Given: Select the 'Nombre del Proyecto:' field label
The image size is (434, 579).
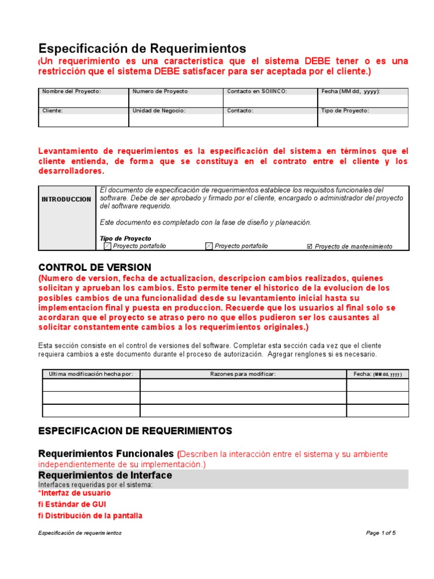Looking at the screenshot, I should tap(71, 92).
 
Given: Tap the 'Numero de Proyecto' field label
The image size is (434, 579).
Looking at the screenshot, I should tap(160, 92).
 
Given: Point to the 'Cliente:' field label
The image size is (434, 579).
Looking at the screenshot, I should tap(53, 111).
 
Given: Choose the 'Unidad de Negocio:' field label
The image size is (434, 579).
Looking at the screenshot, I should tap(159, 111).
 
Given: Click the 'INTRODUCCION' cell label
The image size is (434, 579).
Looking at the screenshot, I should tap(66, 200).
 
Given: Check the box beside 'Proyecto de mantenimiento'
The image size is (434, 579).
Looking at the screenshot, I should tap(309, 247).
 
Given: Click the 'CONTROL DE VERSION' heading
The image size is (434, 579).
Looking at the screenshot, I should tap(94, 267).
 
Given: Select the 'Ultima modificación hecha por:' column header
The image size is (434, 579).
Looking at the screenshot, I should tap(91, 374).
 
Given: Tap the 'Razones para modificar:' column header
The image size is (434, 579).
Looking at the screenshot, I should tap(242, 374).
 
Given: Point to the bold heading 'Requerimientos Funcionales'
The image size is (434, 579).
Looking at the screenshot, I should tap(105, 454).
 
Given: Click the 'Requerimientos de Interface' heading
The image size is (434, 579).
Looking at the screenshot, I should tap(105, 476).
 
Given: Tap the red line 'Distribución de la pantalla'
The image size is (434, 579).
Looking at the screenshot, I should tap(90, 516).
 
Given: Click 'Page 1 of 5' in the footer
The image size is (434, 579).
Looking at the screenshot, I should tap(381, 533).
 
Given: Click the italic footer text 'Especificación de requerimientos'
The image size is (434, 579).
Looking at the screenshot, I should tap(80, 533).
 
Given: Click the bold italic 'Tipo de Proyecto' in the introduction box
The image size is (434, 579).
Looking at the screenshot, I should tap(125, 239).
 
